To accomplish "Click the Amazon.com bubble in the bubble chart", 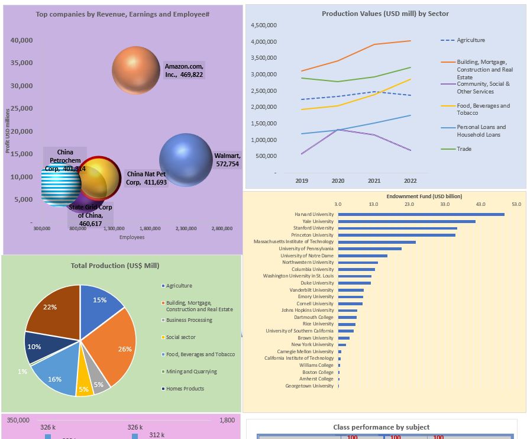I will [x=136, y=70].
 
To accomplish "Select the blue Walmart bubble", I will [x=186, y=160].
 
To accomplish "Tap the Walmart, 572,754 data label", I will [x=227, y=160].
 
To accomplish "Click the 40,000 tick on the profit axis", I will [x=21, y=40].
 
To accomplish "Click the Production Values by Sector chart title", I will [x=385, y=14].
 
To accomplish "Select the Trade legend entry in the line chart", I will [x=464, y=149].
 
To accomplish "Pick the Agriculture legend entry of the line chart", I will [x=470, y=40].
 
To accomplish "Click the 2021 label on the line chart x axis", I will [x=374, y=180].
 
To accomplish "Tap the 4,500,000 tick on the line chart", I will [x=263, y=25].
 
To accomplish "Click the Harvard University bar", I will [x=421, y=214].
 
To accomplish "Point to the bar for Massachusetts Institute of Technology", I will [x=377, y=242].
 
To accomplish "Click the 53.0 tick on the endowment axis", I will [x=516, y=204].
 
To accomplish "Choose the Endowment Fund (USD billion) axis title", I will [x=424, y=196].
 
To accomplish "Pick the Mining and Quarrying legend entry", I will [x=191, y=372].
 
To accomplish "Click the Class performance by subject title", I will [x=381, y=427].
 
